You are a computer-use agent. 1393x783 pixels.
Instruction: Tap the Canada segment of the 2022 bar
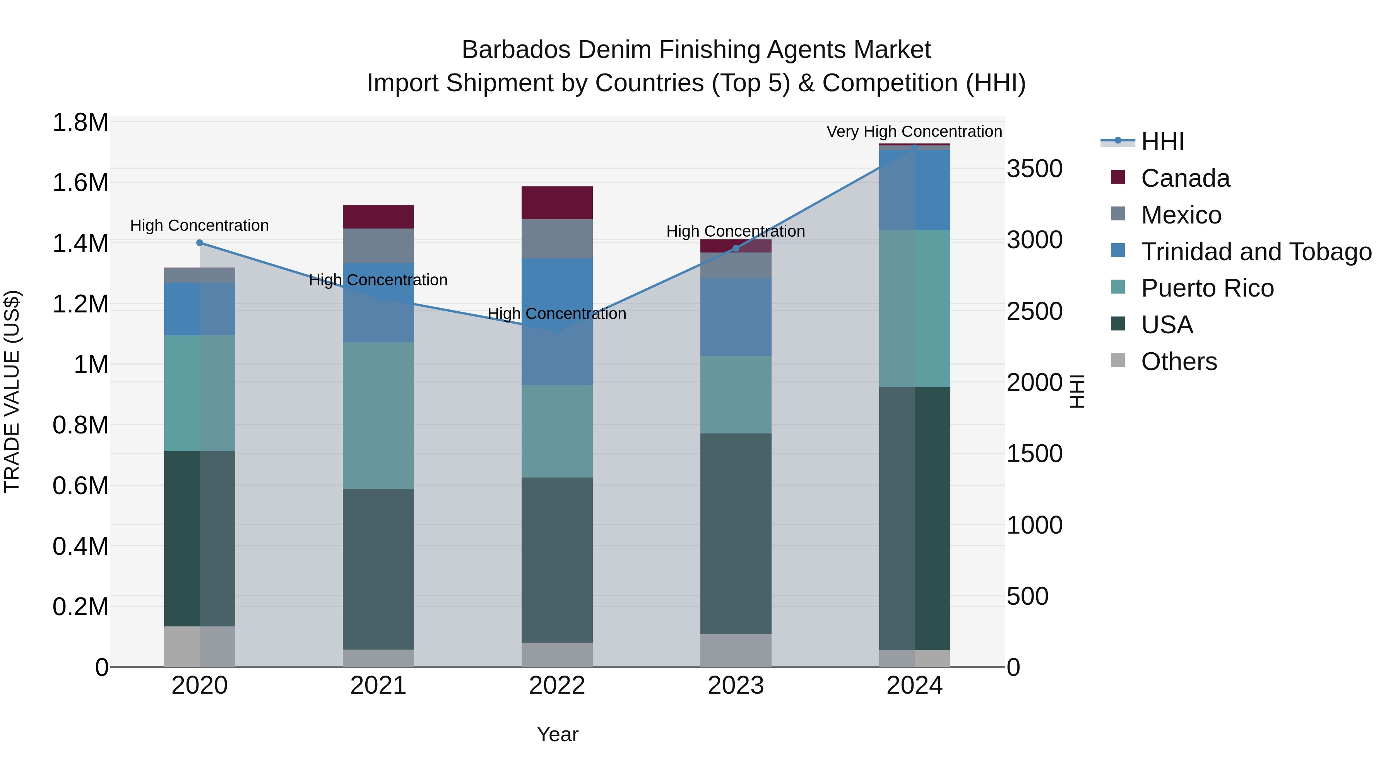557,203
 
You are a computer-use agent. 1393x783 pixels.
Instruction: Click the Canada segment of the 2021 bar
378,217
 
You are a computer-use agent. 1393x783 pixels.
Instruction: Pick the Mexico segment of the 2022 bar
557,239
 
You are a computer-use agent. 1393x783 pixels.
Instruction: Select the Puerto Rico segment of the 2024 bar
914,309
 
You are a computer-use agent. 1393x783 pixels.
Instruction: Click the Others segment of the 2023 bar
736,650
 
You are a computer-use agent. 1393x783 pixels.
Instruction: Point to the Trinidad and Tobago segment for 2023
736,317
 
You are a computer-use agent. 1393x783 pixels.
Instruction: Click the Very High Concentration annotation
914,132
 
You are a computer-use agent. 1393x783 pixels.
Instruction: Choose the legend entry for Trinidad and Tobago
1256,252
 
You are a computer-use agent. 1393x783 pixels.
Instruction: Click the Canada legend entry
1185,178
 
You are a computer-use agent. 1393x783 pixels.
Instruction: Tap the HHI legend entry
1162,142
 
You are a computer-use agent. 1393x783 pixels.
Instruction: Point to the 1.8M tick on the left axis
80,123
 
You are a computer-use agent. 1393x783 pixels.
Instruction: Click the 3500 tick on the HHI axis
1034,169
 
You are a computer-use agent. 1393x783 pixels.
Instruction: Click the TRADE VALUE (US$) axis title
12,391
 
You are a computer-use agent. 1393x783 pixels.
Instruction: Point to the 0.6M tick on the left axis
80,486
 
